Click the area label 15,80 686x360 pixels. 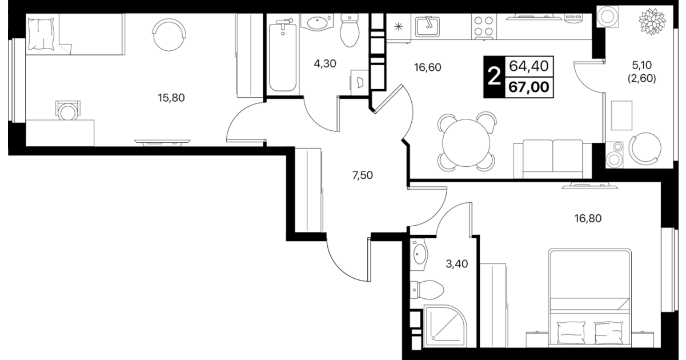point(171,98)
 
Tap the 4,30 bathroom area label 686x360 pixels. point(325,63)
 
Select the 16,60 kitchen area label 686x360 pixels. point(427,67)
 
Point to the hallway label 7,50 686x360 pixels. point(363,175)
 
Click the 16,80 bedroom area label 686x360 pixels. point(588,218)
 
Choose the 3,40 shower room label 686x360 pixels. point(456,263)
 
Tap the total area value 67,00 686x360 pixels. point(529,87)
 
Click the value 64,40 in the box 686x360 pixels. point(529,66)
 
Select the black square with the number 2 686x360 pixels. point(494,77)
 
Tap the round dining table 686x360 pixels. point(466,143)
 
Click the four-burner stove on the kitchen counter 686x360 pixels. point(484,27)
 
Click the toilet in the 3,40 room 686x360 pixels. point(427,290)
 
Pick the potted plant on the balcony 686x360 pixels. point(652,21)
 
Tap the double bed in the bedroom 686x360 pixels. point(590,298)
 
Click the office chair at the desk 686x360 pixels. point(68,111)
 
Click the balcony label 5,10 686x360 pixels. point(641,65)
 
